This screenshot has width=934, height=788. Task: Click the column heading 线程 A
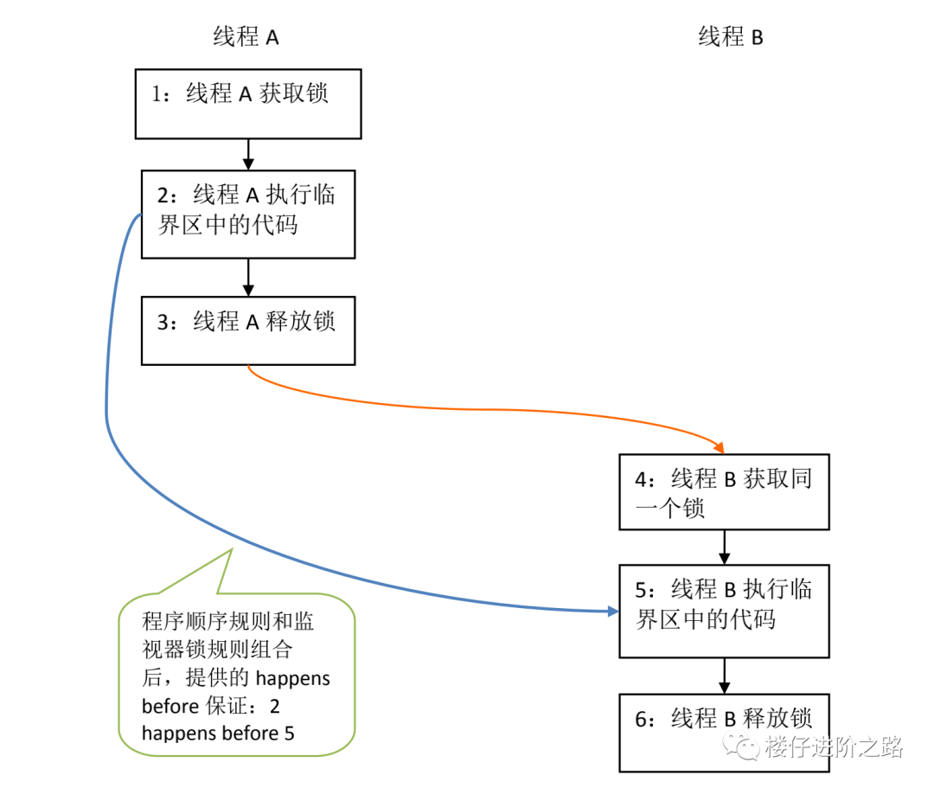coord(246,36)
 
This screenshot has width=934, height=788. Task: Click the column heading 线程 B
coord(731,36)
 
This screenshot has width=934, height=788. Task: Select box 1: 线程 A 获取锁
coord(248,104)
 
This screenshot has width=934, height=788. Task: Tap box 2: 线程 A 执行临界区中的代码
coord(248,214)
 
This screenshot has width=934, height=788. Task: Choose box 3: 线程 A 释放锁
coord(248,330)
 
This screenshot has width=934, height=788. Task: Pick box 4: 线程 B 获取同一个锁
coord(724,491)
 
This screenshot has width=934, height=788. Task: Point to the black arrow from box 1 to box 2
coord(248,154)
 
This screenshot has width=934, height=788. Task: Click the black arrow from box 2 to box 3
coord(248,277)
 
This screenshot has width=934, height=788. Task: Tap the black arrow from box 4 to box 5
coord(725,547)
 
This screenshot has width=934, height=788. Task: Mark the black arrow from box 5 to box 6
coord(725,675)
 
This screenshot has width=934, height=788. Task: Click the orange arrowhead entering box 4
coord(718,446)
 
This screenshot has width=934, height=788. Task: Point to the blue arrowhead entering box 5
coord(612,612)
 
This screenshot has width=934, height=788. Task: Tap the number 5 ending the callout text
coord(289,734)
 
